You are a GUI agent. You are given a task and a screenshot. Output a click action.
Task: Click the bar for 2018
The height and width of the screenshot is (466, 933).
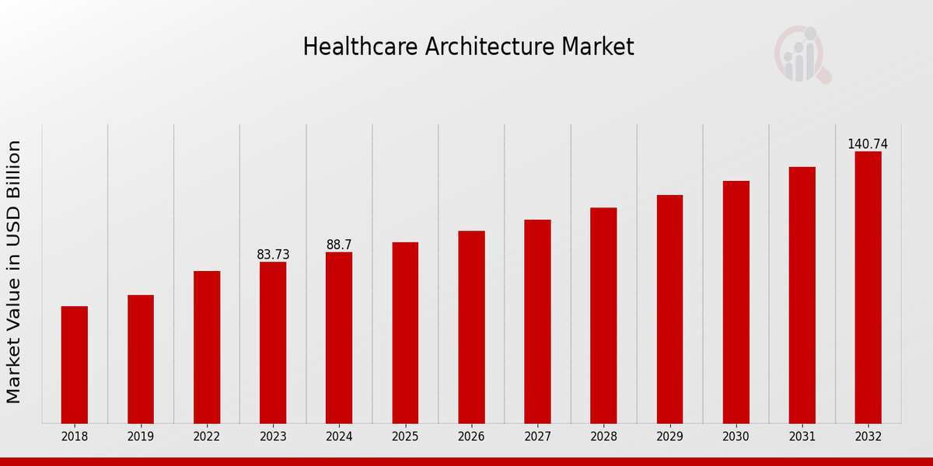click(x=75, y=365)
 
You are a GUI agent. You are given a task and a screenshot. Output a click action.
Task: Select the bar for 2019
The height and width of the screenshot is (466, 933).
click(x=141, y=359)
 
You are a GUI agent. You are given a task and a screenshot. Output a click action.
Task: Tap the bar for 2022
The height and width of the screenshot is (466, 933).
click(x=207, y=347)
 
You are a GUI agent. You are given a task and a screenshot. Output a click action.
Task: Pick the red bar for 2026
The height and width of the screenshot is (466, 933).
click(x=471, y=327)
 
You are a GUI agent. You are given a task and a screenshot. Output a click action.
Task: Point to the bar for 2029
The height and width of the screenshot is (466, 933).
click(x=669, y=309)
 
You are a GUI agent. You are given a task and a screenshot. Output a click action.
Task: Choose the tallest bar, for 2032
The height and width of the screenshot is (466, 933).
click(x=868, y=287)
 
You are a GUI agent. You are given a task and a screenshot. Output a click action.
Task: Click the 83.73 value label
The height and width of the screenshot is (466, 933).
click(x=273, y=255)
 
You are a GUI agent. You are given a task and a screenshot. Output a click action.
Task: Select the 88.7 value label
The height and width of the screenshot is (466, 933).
click(x=339, y=245)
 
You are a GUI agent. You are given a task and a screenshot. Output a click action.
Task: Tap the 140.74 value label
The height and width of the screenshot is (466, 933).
click(x=868, y=144)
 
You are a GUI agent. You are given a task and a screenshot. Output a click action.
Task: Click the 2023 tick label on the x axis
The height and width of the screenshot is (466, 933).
click(x=273, y=437)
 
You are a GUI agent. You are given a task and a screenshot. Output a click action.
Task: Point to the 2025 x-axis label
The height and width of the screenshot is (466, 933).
click(x=405, y=437)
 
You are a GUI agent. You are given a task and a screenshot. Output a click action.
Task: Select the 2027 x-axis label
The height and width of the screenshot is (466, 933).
click(x=537, y=437)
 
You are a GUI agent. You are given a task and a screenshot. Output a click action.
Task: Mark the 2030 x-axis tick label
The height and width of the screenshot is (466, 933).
click(x=736, y=437)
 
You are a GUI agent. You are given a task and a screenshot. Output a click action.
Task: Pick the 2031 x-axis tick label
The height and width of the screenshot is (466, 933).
click(x=802, y=437)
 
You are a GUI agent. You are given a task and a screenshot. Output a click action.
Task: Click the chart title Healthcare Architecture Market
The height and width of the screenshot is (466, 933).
click(x=468, y=47)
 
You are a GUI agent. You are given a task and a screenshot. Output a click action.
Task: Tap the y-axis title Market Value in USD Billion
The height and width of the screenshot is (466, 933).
click(x=14, y=272)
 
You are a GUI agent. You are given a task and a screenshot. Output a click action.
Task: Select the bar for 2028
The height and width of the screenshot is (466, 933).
click(x=603, y=315)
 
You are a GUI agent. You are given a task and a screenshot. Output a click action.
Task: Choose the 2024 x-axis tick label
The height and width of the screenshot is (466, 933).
click(x=339, y=437)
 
